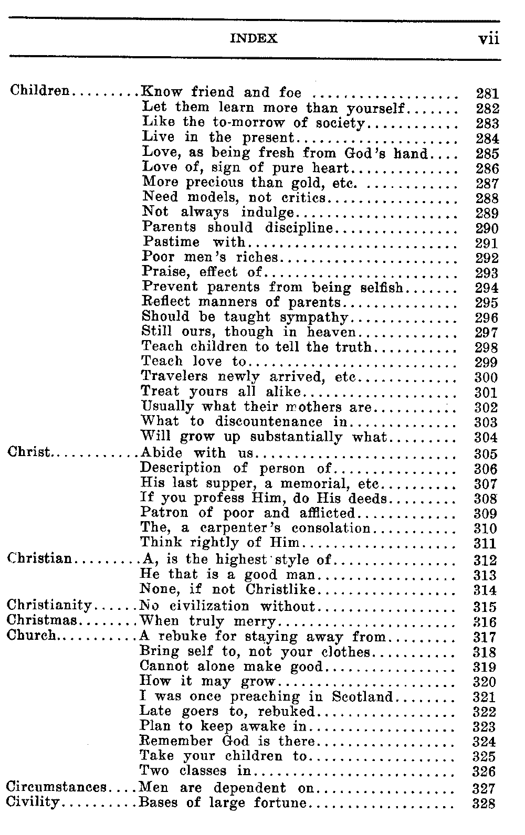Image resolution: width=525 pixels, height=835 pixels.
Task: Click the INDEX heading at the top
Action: [x=254, y=39]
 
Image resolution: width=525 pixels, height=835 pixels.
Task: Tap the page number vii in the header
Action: [x=488, y=39]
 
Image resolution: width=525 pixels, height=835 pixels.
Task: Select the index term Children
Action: [x=40, y=90]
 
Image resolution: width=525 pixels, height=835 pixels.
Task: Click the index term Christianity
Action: [x=49, y=606]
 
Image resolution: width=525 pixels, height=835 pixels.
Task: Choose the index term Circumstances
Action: [x=57, y=787]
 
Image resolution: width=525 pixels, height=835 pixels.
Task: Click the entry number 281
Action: [x=487, y=94]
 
